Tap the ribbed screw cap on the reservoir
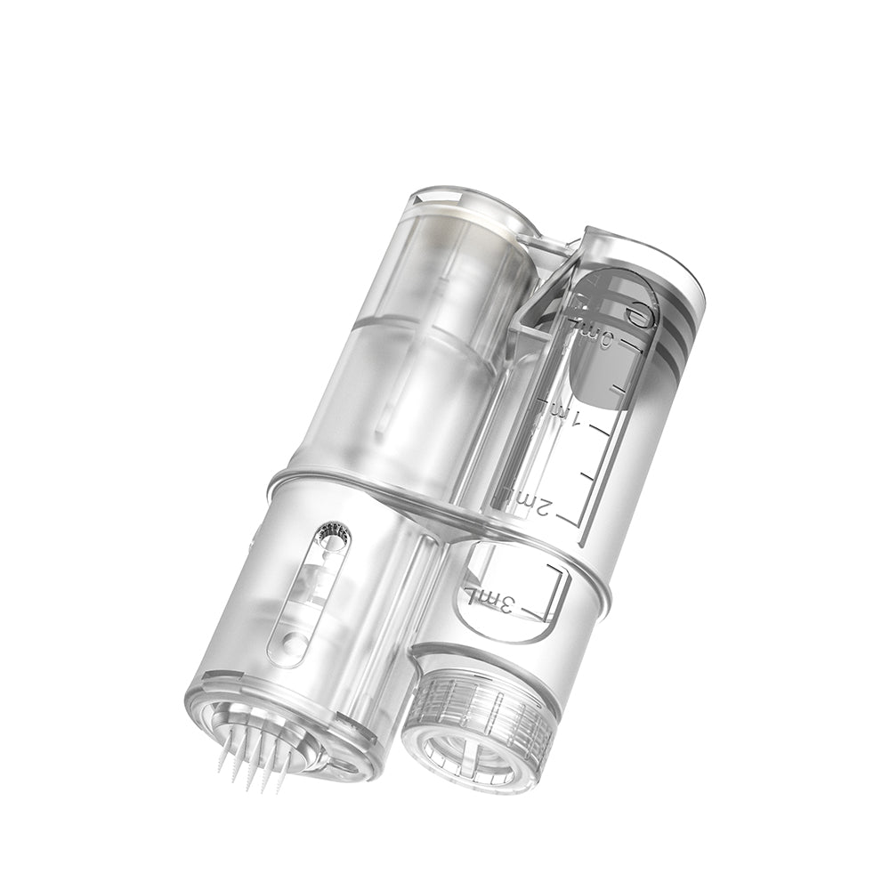point(485,712)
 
